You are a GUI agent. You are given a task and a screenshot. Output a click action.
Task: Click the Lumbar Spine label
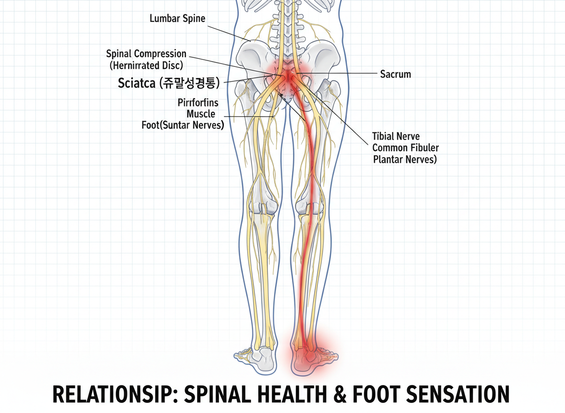[178, 19]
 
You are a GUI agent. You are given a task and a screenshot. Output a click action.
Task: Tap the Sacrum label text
[395, 74]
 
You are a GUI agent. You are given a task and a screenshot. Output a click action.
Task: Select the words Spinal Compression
[146, 54]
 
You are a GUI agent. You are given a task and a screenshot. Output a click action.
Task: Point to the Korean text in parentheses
[189, 84]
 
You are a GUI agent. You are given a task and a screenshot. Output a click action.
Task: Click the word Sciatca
[136, 84]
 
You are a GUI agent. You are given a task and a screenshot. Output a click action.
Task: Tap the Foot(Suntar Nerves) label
[183, 126]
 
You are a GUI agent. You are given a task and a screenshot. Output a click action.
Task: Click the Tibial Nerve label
[396, 137]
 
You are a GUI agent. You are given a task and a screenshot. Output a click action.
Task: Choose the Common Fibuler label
[405, 148]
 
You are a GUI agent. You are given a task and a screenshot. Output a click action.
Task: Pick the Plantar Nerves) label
[405, 160]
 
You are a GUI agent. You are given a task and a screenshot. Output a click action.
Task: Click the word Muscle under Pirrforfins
[201, 114]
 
